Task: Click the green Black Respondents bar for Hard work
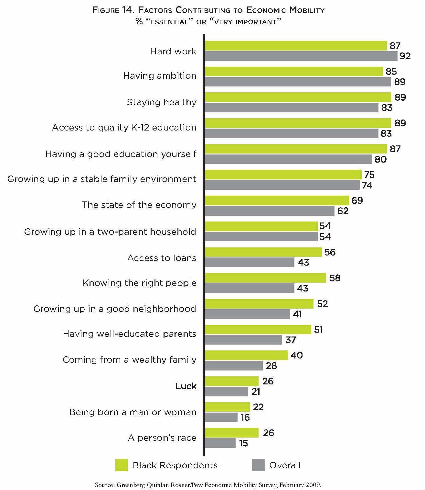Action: click(296, 46)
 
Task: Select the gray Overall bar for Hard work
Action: click(301, 56)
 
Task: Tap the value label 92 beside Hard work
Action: click(405, 56)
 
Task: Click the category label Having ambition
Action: click(160, 76)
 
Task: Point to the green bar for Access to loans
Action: click(263, 252)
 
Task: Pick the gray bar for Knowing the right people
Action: click(250, 288)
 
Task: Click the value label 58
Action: click(335, 278)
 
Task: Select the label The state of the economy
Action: click(139, 205)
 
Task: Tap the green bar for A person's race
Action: click(232, 433)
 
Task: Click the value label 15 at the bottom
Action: click(243, 443)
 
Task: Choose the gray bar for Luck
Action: click(227, 392)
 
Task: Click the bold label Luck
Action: click(186, 386)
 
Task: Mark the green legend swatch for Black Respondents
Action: click(122, 465)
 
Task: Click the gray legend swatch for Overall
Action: click(258, 465)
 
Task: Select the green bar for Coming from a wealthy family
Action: click(246, 355)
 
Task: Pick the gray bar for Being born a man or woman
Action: click(221, 417)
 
